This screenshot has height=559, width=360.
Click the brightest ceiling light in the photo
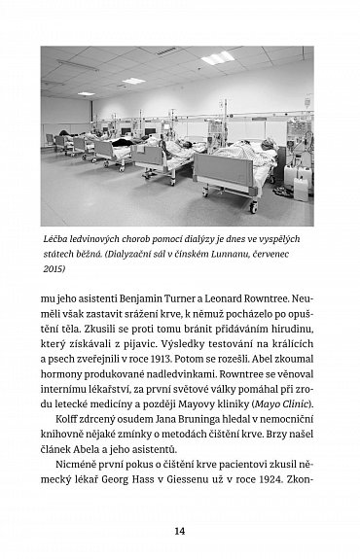pos(217,58)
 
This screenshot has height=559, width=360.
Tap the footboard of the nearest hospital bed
pos(227,176)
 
